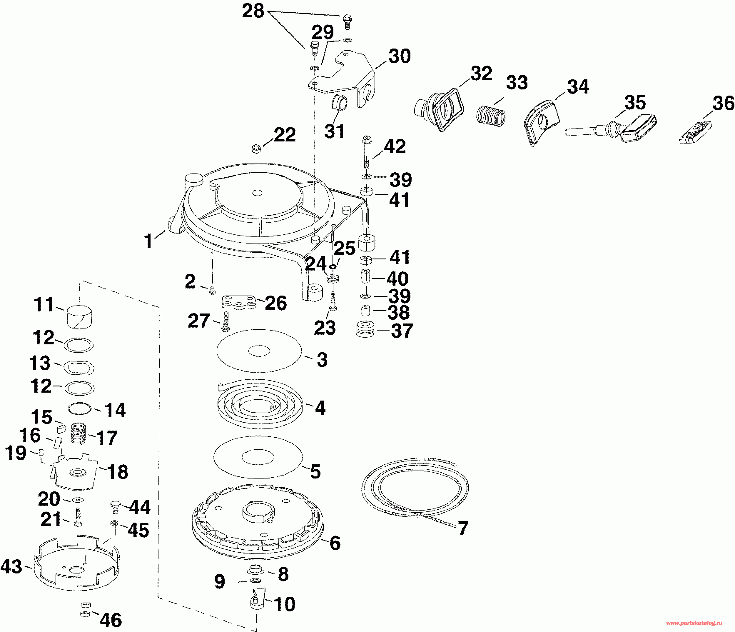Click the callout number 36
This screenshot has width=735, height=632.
click(723, 103)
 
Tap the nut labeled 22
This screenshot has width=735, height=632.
click(255, 149)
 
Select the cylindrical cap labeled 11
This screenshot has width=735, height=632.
click(79, 317)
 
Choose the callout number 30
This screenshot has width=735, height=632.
click(400, 56)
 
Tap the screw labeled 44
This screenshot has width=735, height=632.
click(115, 507)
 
